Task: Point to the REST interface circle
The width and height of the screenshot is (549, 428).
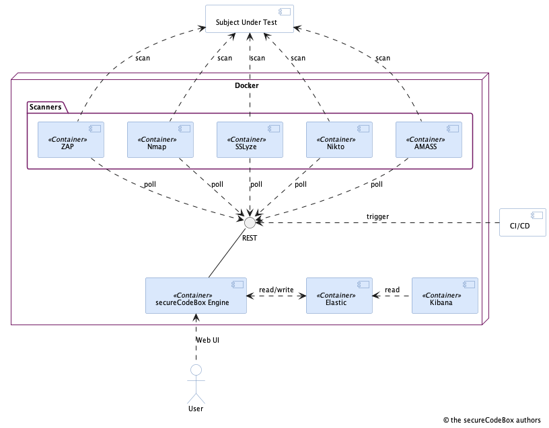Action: click(250, 222)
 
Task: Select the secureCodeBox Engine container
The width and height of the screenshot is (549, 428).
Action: click(196, 296)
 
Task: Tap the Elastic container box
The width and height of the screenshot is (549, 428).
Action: click(339, 296)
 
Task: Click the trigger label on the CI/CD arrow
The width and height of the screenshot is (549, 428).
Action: click(377, 216)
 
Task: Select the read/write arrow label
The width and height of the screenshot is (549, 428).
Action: click(276, 290)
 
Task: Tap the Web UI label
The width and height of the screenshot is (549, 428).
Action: click(207, 340)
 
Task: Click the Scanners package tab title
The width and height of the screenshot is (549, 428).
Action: click(46, 106)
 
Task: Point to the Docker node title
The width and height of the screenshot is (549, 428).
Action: click(246, 85)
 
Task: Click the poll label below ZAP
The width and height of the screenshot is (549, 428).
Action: click(149, 184)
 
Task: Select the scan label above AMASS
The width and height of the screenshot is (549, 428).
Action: click(382, 58)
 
